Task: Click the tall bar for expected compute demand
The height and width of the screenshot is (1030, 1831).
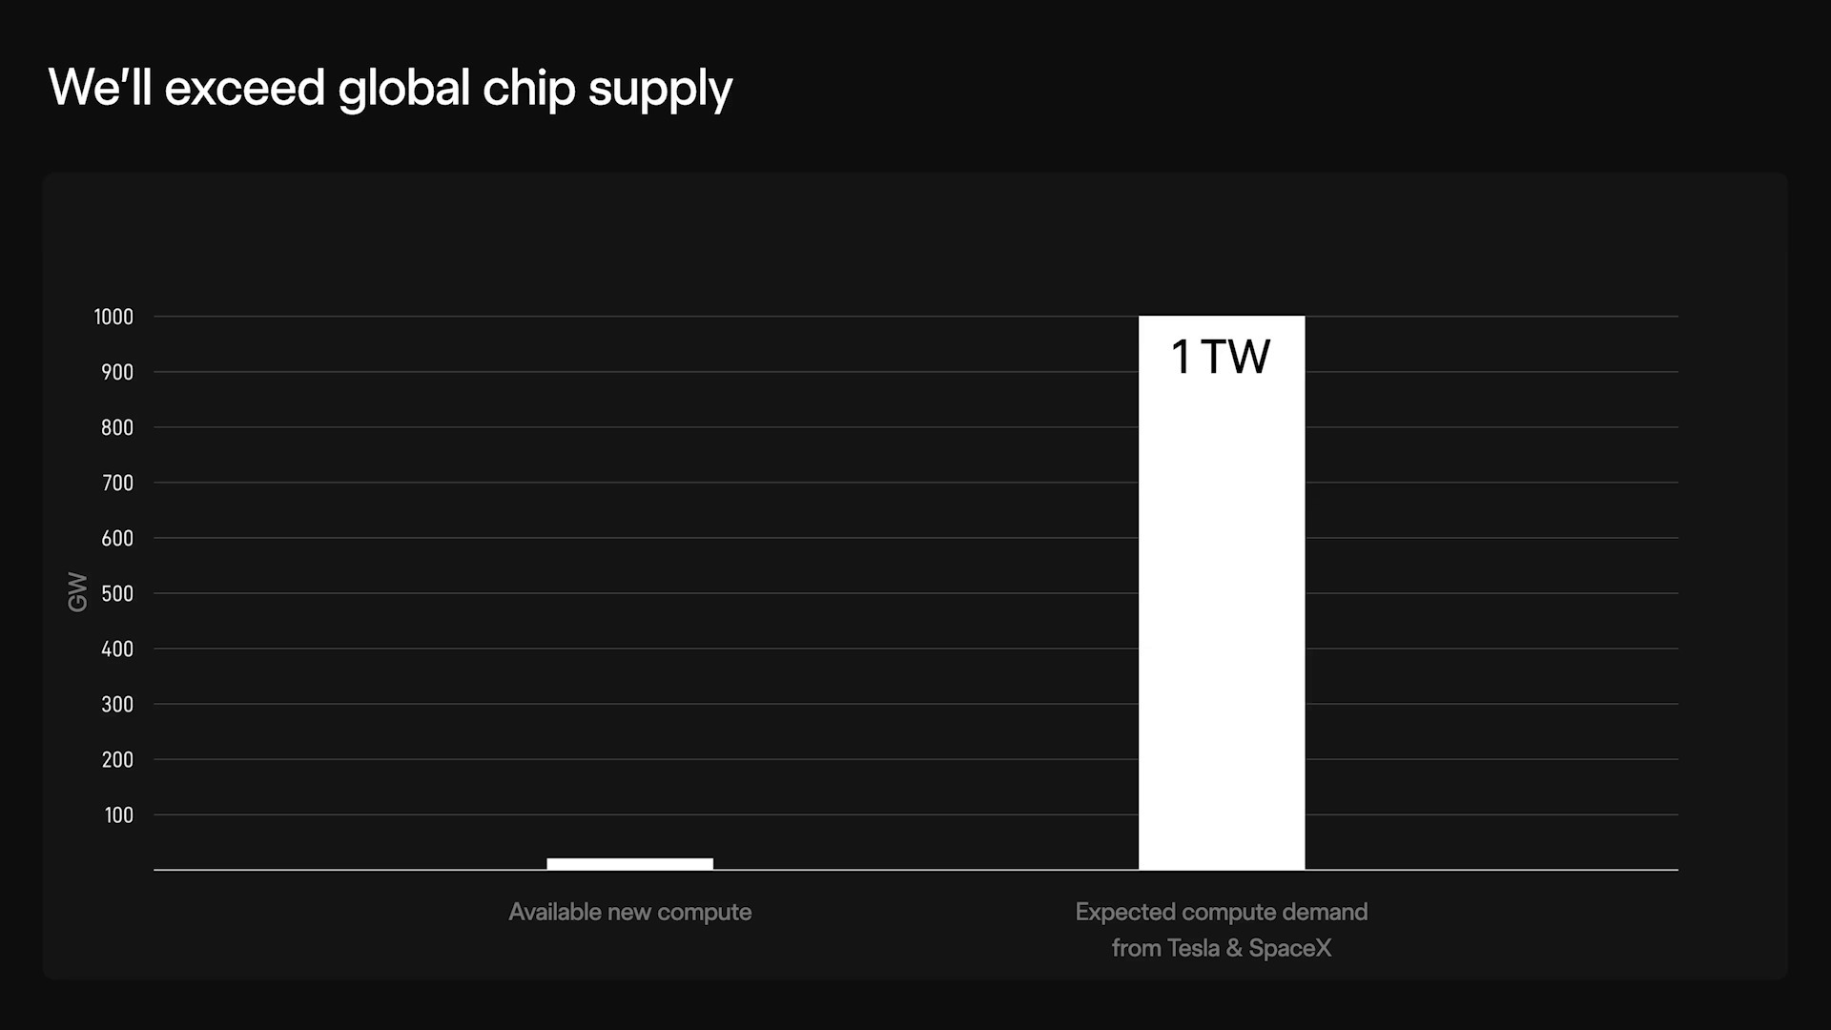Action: pos(1221,620)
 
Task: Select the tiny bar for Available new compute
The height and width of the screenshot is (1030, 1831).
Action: pos(629,864)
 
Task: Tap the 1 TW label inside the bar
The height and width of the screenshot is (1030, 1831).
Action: pos(1221,358)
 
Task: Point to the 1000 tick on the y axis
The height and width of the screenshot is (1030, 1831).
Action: pos(113,318)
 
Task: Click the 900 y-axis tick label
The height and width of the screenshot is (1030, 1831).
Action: pos(117,373)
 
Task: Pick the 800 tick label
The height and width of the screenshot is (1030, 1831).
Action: pos(117,428)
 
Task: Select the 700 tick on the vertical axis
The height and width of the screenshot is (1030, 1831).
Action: pos(117,484)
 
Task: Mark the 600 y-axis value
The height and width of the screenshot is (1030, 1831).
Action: pos(117,539)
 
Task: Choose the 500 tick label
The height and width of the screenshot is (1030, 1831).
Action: pos(117,594)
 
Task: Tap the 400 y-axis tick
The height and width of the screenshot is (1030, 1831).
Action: pos(117,649)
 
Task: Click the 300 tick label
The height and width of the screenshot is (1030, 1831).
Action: pos(117,705)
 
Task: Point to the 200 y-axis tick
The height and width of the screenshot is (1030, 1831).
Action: pos(117,760)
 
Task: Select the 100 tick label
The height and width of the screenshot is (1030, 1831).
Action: pos(119,815)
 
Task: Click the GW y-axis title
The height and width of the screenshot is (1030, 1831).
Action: pos(77,592)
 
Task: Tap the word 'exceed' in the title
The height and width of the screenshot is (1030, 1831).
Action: pos(245,88)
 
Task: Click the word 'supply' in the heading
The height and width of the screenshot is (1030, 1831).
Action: pos(660,90)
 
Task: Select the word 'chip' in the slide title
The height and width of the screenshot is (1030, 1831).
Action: pos(529,90)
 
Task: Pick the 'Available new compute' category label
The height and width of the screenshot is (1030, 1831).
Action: pos(629,913)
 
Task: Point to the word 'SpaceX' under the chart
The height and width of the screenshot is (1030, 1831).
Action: pos(1289,949)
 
